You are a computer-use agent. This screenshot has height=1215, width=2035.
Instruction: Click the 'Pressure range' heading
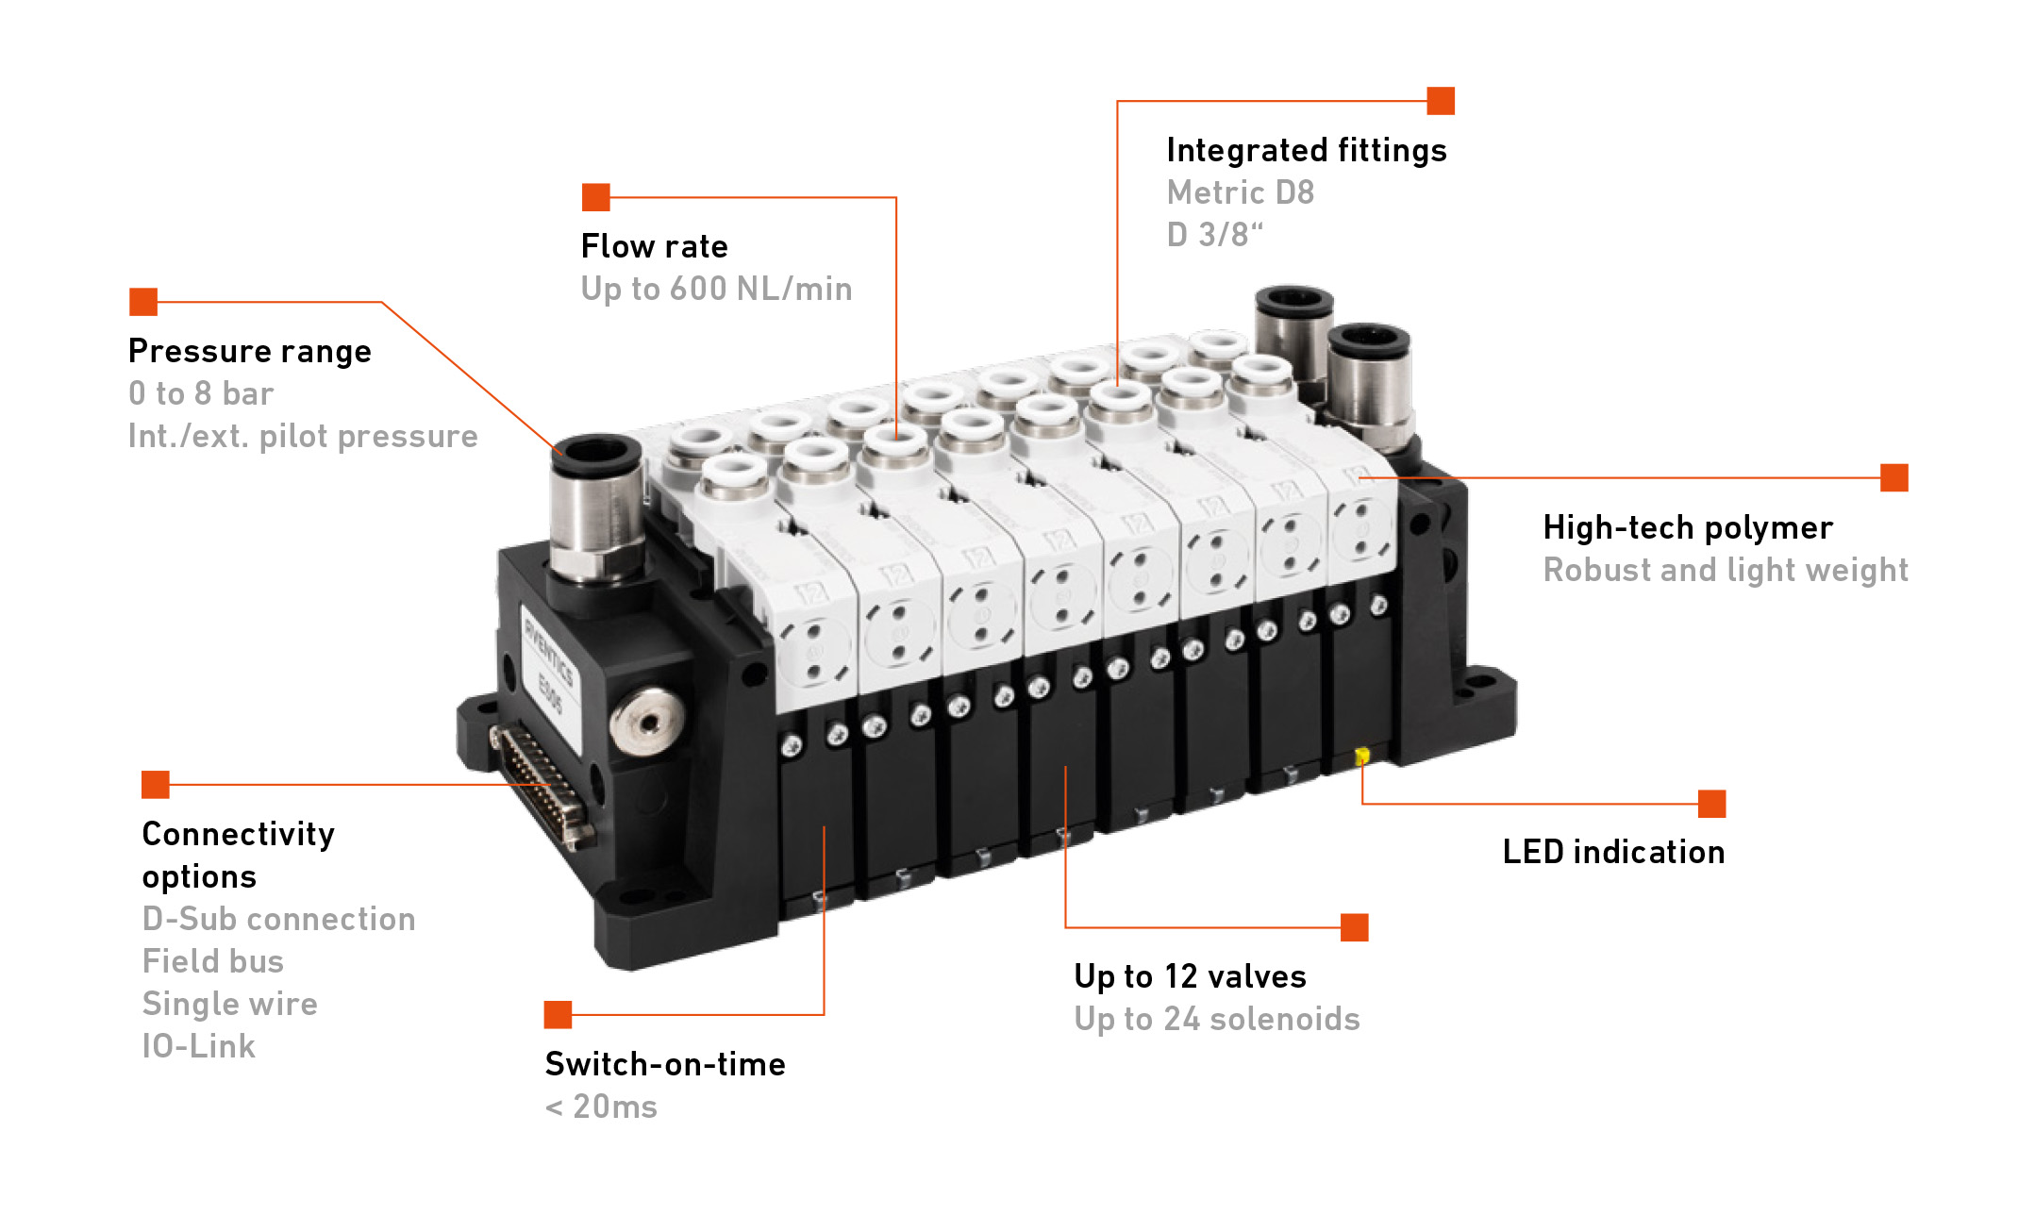pyautogui.click(x=250, y=351)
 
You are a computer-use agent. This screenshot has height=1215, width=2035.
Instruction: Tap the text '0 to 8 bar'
pyautogui.click(x=201, y=393)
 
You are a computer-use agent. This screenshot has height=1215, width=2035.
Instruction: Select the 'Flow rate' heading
pyautogui.click(x=655, y=246)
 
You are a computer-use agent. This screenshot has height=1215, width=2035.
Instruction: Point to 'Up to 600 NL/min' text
pyautogui.click(x=717, y=289)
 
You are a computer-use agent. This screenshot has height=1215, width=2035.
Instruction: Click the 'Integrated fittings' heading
pyautogui.click(x=1307, y=150)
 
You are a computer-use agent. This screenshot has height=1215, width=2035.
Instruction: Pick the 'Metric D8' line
pyautogui.click(x=1241, y=192)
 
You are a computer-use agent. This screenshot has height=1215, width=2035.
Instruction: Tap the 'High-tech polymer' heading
pyautogui.click(x=1689, y=527)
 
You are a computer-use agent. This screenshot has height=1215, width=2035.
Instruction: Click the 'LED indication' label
pyautogui.click(x=1614, y=852)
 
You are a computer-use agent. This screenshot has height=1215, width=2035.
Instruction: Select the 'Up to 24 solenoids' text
pyautogui.click(x=1217, y=1019)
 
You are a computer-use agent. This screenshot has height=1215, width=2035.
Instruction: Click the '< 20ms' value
pyautogui.click(x=601, y=1107)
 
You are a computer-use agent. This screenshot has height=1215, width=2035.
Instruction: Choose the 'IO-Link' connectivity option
pyautogui.click(x=199, y=1046)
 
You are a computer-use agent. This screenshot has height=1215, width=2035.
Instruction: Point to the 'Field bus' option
pyautogui.click(x=213, y=961)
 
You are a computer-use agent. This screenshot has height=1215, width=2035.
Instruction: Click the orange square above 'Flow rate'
pyautogui.click(x=596, y=197)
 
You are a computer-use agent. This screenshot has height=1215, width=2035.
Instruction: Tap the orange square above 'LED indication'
pyautogui.click(x=1712, y=804)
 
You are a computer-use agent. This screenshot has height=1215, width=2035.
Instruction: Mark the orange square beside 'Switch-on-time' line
pyautogui.click(x=559, y=1015)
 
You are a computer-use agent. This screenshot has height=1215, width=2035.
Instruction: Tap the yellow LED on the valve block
pyautogui.click(x=1361, y=756)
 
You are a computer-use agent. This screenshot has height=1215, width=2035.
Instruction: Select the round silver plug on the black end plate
pyautogui.click(x=646, y=721)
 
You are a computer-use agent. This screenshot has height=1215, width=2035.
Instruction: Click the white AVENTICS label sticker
pyautogui.click(x=551, y=672)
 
